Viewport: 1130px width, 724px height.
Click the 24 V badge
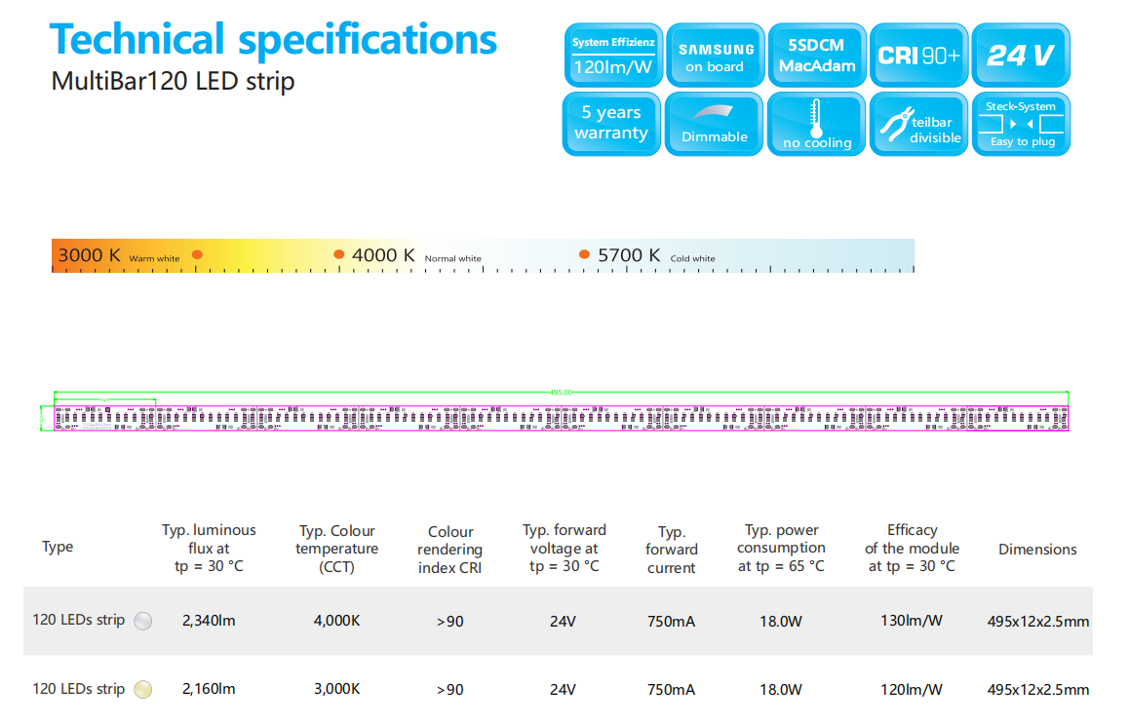click(1020, 56)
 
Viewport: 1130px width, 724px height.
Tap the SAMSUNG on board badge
click(715, 56)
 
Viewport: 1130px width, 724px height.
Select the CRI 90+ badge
click(917, 56)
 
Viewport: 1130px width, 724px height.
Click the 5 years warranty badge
click(611, 124)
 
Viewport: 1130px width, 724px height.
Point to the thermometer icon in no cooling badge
click(816, 118)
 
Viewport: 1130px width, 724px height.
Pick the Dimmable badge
click(715, 124)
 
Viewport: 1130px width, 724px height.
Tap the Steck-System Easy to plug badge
click(1020, 124)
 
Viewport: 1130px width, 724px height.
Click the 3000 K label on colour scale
click(90, 255)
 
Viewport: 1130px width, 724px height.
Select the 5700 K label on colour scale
click(629, 255)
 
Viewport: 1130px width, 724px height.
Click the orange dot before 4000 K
click(339, 254)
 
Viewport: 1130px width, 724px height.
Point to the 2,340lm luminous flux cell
click(209, 621)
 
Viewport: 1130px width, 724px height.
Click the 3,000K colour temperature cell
click(336, 689)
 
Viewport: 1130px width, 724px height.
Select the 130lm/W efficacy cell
click(912, 621)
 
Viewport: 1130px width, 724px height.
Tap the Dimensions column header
click(1037, 549)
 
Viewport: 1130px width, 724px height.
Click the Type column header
click(58, 547)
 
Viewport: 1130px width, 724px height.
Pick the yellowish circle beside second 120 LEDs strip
click(142, 690)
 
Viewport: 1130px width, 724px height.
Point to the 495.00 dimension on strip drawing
click(561, 392)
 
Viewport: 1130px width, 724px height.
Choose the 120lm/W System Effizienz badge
click(613, 56)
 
